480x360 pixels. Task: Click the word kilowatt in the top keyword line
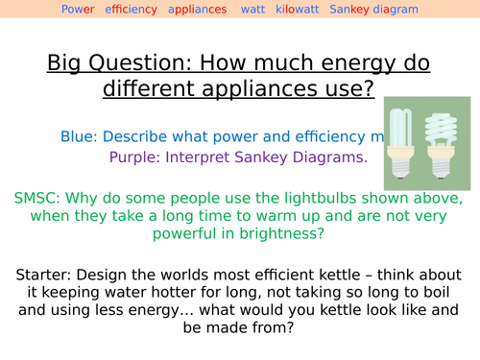pos(297,10)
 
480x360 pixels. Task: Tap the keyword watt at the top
pos(253,10)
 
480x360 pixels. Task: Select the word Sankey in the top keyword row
pos(348,10)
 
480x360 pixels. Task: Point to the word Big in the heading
pos(64,64)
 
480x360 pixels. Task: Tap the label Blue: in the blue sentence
pos(80,136)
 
